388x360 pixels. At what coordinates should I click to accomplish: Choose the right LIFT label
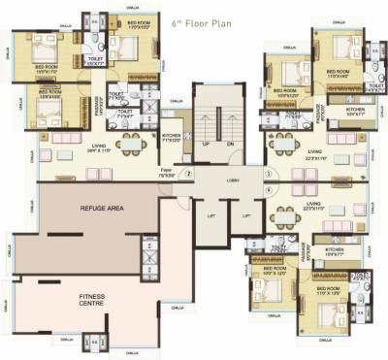coord(245,216)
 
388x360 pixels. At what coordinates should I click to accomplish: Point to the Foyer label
coord(166,174)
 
